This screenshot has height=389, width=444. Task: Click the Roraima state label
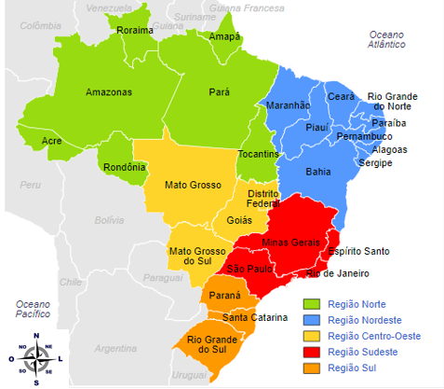click(x=133, y=31)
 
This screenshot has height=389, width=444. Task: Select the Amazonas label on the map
click(x=109, y=92)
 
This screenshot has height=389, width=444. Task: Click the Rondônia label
click(x=125, y=168)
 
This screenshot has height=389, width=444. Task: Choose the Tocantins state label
click(x=258, y=153)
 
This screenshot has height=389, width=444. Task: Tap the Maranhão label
click(x=289, y=105)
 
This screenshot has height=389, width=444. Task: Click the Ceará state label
click(x=341, y=96)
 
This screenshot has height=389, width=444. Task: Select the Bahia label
click(x=318, y=173)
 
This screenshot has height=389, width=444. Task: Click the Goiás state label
click(x=239, y=220)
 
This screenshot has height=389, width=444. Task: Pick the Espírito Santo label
click(x=357, y=251)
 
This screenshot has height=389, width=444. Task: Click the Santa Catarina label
click(x=249, y=317)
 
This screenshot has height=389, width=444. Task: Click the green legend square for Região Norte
click(x=313, y=304)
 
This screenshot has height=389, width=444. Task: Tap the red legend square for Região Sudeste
click(x=313, y=352)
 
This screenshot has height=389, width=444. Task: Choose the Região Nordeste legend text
click(x=365, y=320)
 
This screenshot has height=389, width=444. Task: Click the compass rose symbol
click(x=35, y=357)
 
